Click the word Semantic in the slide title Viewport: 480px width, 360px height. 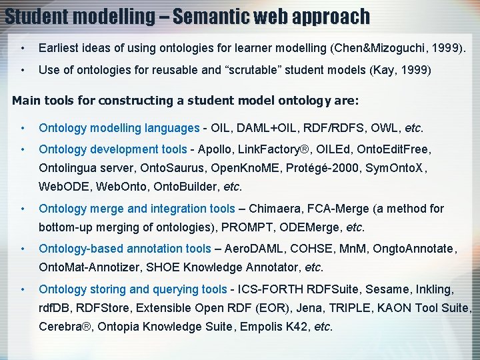215,15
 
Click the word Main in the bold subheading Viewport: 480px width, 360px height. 27,101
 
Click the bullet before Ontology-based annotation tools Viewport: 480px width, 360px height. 22,249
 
